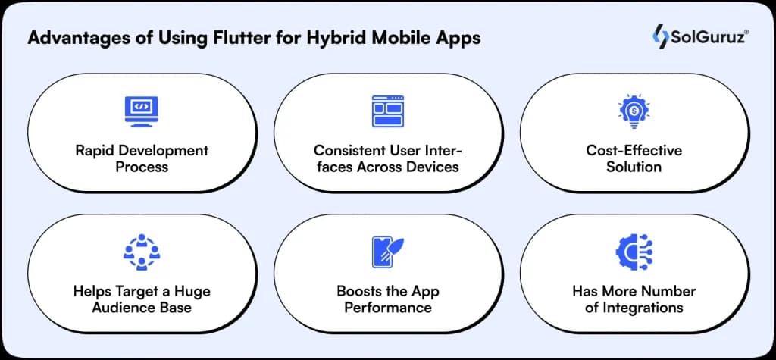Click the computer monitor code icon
[x=142, y=111]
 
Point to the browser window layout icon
[x=387, y=111]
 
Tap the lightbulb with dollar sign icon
[x=634, y=111]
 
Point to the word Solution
[x=634, y=166]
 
